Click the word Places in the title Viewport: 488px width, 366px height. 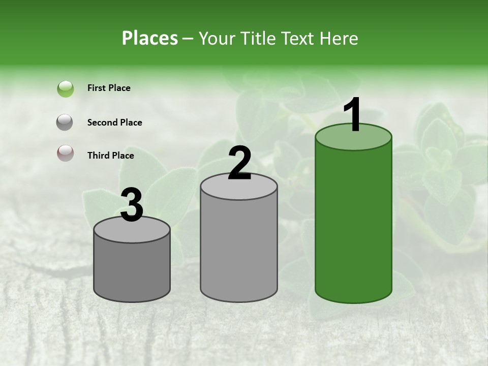point(150,38)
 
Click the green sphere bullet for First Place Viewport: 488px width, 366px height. point(66,89)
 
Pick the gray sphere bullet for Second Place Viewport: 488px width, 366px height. point(66,123)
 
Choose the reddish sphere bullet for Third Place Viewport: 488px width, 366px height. point(66,153)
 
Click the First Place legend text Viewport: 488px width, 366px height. point(109,88)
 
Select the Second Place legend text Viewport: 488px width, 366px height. point(114,123)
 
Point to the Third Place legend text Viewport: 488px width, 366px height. point(110,156)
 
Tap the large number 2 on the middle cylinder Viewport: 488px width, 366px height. point(239,163)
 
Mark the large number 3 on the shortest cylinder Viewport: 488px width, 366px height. point(132,205)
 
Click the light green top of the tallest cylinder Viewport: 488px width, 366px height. point(353,140)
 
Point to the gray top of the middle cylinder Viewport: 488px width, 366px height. point(239,189)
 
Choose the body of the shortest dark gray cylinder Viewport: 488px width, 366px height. point(132,269)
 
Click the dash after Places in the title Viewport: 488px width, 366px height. point(188,38)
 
